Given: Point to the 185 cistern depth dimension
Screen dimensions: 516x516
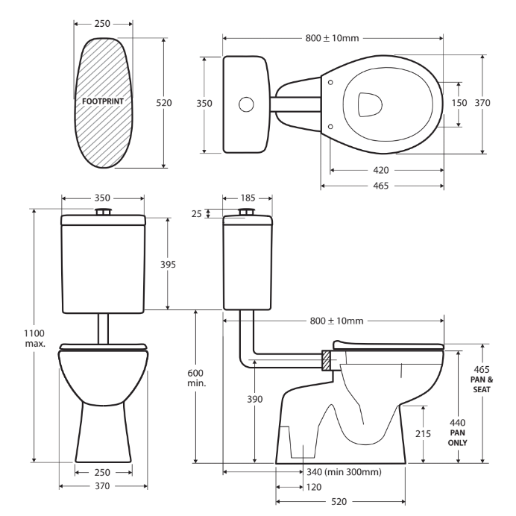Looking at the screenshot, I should [247, 198].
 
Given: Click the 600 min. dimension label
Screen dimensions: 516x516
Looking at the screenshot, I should [195, 377].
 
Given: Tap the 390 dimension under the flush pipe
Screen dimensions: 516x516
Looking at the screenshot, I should [254, 400].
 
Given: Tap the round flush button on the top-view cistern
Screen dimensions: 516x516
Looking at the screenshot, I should [245, 104].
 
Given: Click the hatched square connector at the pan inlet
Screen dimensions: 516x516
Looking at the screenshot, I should [327, 361].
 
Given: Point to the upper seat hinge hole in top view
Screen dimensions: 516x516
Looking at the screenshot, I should [330, 81].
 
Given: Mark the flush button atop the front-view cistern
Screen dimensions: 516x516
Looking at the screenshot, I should [103, 213].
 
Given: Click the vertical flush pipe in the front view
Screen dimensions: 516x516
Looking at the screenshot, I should [103, 327].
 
